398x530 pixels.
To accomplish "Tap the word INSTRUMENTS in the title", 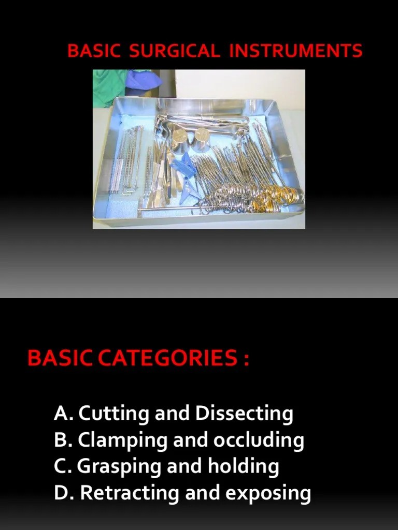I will [295, 51].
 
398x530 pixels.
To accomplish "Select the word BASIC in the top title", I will [94, 51].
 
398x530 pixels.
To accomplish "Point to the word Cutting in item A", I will [112, 414].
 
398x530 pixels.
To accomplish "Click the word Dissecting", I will [244, 414].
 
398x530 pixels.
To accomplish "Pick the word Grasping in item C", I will [119, 467].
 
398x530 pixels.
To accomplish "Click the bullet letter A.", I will [61, 414].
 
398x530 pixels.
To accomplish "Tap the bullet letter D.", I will [62, 493].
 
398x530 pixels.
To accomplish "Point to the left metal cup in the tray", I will [180, 140].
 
